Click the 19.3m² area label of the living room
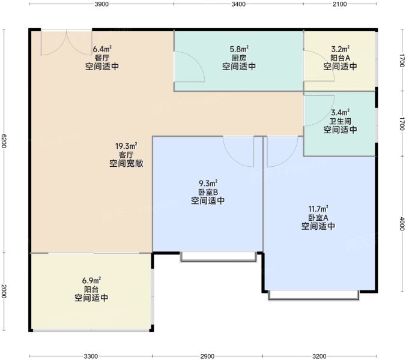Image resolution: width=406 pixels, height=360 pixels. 126,146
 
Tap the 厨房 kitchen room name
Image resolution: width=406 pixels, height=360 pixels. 239,58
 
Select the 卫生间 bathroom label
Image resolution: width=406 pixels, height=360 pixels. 340,121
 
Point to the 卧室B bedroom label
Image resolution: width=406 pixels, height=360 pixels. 208,192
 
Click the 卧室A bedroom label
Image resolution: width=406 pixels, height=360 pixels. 318,217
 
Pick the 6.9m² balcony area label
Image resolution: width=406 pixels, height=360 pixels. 91,280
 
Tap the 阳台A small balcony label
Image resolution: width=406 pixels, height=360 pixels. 340,58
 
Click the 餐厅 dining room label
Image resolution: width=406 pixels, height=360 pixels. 102,58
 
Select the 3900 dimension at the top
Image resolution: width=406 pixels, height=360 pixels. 101,4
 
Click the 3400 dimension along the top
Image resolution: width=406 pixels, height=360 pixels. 238,4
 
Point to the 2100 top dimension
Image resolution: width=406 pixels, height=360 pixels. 340,4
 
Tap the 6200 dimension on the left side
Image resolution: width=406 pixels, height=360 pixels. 4,141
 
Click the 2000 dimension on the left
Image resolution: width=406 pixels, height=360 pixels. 4,291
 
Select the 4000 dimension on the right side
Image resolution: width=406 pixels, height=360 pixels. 402,223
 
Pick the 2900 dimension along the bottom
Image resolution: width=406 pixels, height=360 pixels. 207,356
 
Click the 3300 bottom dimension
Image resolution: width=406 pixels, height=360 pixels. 91,356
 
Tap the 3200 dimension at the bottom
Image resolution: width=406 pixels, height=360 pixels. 320,356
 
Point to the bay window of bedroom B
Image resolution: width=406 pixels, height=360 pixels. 219,257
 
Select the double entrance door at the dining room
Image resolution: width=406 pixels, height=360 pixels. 67,43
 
